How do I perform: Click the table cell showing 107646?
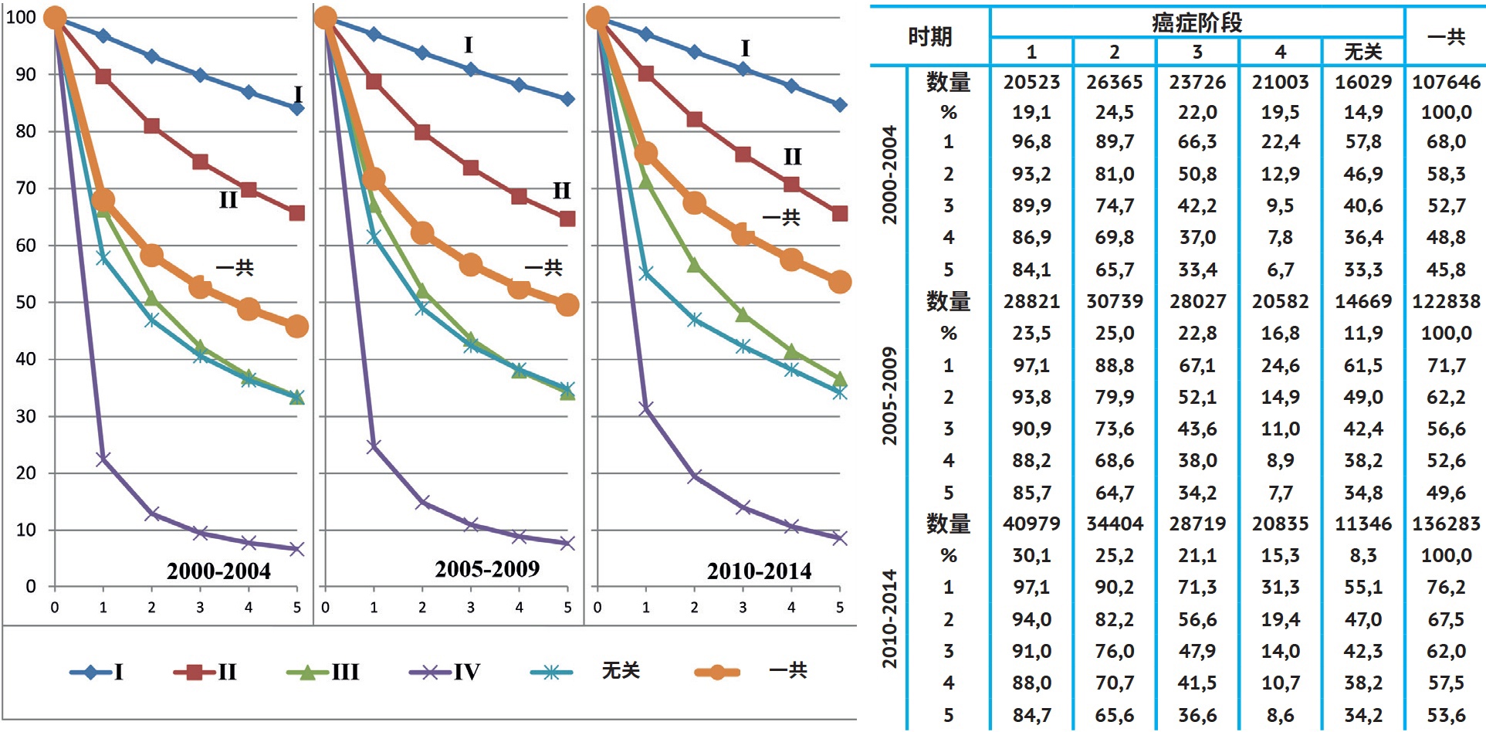pos(1446,82)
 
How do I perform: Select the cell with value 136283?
pos(1446,524)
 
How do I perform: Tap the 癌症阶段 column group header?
pos(1197,22)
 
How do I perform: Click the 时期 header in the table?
pos(929,36)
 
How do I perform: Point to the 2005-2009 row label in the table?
pos(890,396)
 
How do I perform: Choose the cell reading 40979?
pos(1031,524)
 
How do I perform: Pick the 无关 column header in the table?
pos(1362,52)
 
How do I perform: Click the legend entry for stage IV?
pos(445,672)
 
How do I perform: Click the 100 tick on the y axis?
pos(21,17)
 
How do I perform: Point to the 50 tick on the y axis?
pos(25,302)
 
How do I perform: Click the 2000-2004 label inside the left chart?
pos(218,571)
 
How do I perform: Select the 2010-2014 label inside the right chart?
pos(759,571)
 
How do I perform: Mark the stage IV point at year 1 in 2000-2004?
pos(103,459)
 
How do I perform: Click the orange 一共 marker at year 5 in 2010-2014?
pos(840,282)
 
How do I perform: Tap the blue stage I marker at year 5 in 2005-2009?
pos(567,99)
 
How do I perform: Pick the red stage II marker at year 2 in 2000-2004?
pos(151,126)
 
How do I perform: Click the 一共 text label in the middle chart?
pos(543,268)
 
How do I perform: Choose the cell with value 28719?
pos(1197,524)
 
